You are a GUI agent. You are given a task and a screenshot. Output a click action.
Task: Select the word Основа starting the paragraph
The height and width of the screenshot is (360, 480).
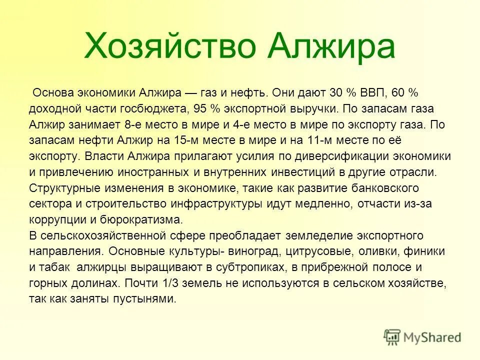click(x=51, y=93)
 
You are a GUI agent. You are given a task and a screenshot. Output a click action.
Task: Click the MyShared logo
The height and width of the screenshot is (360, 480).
click(x=424, y=337)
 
